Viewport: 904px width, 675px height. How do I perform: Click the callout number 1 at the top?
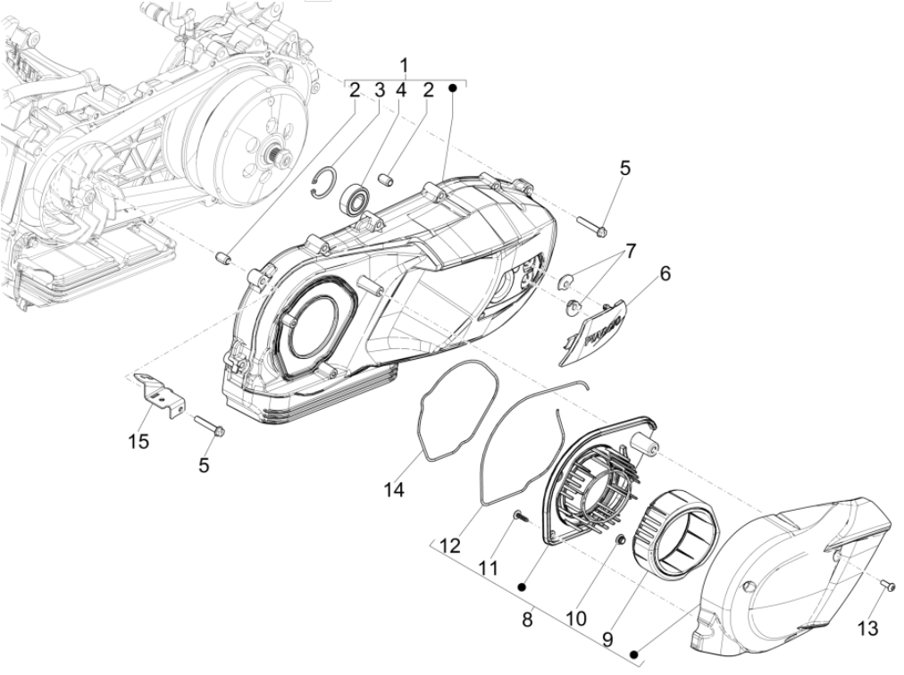tap(405, 65)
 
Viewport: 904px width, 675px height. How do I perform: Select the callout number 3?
tap(379, 89)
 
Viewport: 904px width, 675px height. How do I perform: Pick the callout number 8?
tap(528, 616)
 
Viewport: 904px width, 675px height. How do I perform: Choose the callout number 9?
tap(607, 639)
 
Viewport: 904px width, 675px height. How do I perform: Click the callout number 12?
tap(449, 545)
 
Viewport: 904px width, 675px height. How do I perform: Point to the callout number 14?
tap(395, 489)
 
